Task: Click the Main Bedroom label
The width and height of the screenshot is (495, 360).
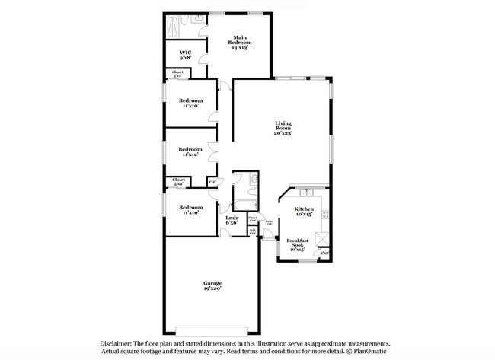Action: tap(240, 40)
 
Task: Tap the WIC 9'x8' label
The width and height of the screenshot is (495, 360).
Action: tap(184, 56)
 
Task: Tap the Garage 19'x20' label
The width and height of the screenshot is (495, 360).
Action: tap(212, 285)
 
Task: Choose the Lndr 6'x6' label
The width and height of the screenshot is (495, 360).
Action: tap(232, 220)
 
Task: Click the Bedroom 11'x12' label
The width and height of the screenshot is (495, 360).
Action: tap(190, 152)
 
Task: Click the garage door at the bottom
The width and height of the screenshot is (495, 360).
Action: tap(212, 330)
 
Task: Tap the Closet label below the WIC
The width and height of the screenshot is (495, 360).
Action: tap(177, 75)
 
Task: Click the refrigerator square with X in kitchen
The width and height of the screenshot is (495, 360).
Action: tap(324, 252)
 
